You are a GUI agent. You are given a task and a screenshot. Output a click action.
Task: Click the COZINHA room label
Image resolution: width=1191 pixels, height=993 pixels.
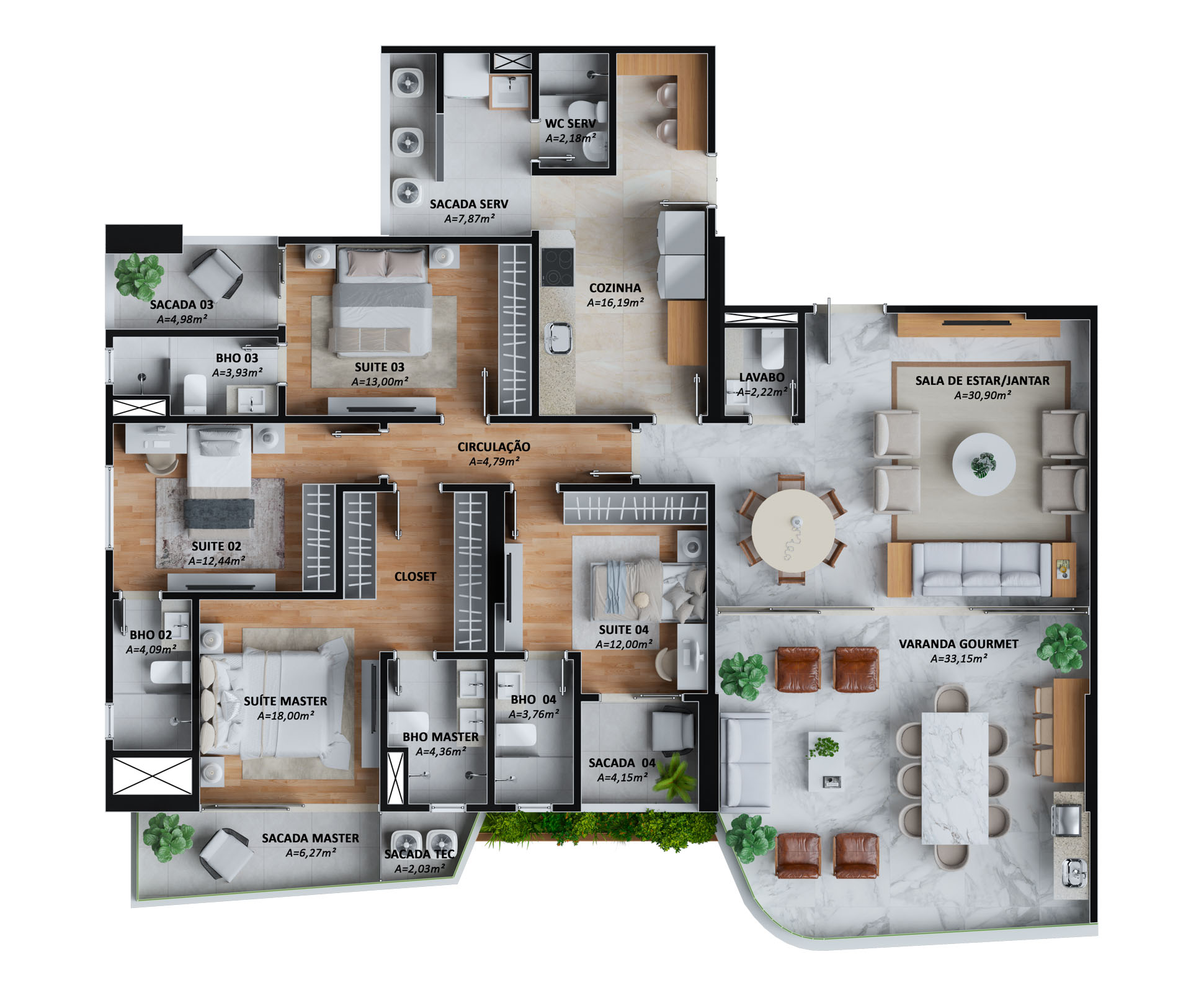tap(615, 288)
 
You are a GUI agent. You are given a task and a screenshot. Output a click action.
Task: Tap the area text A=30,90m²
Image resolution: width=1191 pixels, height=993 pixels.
tap(982, 395)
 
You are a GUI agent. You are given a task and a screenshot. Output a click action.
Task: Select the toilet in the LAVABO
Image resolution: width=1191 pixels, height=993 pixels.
tap(772, 349)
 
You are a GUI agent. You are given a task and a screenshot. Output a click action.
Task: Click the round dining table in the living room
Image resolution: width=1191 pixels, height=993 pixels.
tap(793, 530)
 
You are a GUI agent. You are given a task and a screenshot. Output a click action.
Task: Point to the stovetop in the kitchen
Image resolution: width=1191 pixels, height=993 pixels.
tap(556, 267)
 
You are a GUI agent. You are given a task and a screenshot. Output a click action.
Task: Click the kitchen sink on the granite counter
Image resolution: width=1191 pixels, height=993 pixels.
tap(558, 338)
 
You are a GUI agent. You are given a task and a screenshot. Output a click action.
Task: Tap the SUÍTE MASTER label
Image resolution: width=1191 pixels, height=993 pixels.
tap(285, 701)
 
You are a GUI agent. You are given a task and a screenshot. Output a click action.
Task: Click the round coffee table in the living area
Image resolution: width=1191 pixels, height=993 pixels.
tap(984, 464)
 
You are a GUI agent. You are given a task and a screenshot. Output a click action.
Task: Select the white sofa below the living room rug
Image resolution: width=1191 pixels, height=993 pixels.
tap(981, 569)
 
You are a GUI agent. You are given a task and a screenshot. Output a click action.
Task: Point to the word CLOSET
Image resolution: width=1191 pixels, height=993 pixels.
tap(415, 577)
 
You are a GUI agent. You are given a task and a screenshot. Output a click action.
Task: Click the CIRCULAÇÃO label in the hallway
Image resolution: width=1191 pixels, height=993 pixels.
tap(494, 447)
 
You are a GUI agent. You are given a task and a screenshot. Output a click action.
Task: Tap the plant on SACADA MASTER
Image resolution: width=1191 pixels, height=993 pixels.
tap(168, 837)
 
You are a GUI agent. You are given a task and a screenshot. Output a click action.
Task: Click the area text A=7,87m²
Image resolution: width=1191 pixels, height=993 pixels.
tap(469, 219)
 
